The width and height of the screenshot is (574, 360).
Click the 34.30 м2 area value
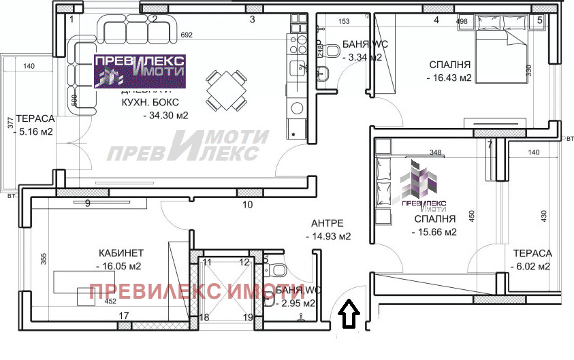point(165,115)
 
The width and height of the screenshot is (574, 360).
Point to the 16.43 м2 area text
point(449,78)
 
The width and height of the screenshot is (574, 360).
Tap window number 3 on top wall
point(252,20)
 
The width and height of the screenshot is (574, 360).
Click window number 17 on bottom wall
point(123,316)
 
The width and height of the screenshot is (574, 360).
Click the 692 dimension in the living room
point(188,34)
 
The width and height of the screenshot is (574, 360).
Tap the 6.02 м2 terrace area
point(530,267)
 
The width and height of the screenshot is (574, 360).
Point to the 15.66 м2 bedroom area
point(434,233)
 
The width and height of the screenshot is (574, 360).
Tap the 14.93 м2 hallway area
point(328,237)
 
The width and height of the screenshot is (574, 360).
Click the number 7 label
point(489,144)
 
